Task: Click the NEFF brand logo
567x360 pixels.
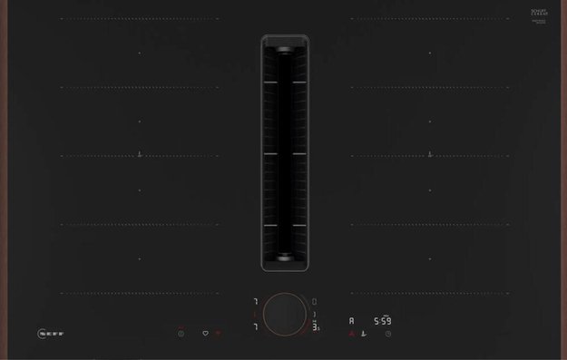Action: [x=50, y=333]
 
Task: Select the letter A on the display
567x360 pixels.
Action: [x=353, y=321]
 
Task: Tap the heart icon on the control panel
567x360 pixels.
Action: [x=205, y=333]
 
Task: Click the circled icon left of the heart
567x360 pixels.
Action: [x=181, y=333]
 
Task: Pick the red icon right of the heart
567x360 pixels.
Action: [x=219, y=333]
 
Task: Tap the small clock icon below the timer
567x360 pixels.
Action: [x=388, y=334]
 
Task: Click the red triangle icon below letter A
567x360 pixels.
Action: [x=353, y=334]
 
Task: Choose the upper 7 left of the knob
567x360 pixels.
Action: [x=255, y=301]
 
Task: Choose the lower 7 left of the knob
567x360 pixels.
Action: [x=255, y=326]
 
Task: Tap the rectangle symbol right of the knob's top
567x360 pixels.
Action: [x=315, y=301]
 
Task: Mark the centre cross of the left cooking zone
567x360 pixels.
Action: [x=140, y=155]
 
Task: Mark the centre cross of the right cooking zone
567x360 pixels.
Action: [x=430, y=155]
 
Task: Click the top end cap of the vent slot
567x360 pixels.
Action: [x=285, y=50]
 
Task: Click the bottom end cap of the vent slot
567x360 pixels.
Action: [x=285, y=258]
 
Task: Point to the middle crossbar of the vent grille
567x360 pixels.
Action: [x=285, y=154]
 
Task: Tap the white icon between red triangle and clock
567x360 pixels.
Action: [x=365, y=334]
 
